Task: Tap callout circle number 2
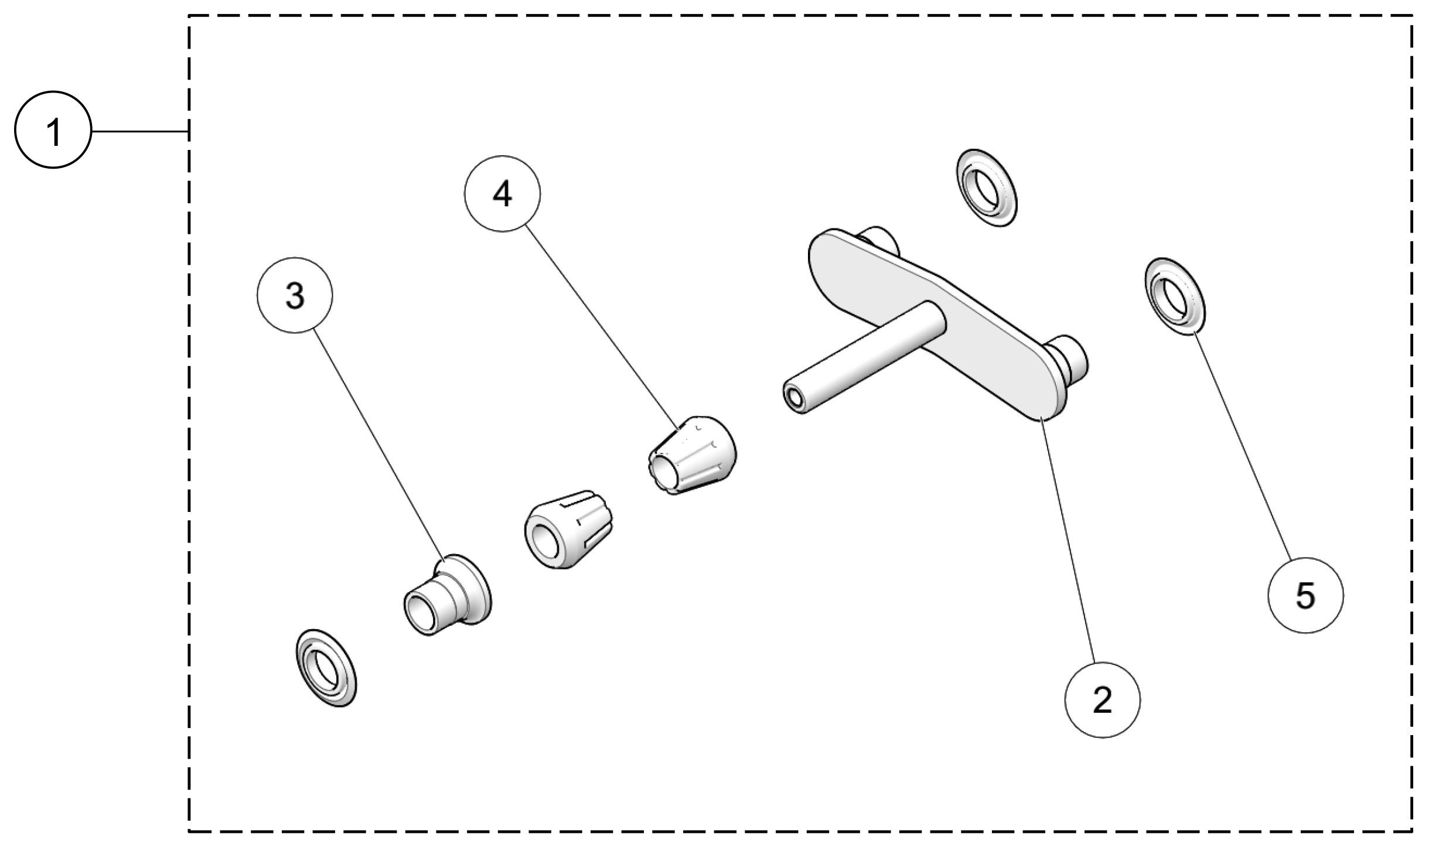pos(1102,699)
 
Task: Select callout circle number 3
pos(295,295)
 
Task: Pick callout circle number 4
pos(502,193)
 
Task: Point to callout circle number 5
pos(1305,595)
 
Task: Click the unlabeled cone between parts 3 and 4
pos(568,530)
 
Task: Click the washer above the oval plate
pos(986,188)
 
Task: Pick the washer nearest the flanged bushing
pos(326,668)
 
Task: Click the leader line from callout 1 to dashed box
pos(139,131)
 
